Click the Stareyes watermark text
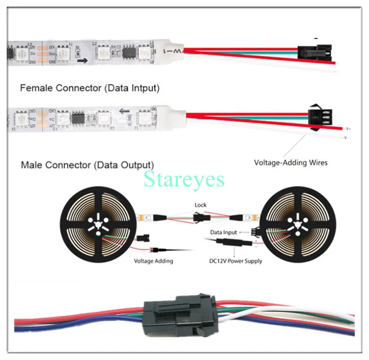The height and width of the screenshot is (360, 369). point(184,180)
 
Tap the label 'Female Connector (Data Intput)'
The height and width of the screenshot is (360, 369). point(90,88)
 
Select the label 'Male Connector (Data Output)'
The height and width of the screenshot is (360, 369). point(87,165)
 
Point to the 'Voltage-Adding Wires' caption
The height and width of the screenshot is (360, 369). point(290,162)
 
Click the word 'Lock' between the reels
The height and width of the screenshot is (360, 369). point(201,205)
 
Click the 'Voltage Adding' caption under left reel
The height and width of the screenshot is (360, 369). point(153,261)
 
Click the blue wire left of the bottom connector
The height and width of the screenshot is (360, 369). point(71,327)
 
